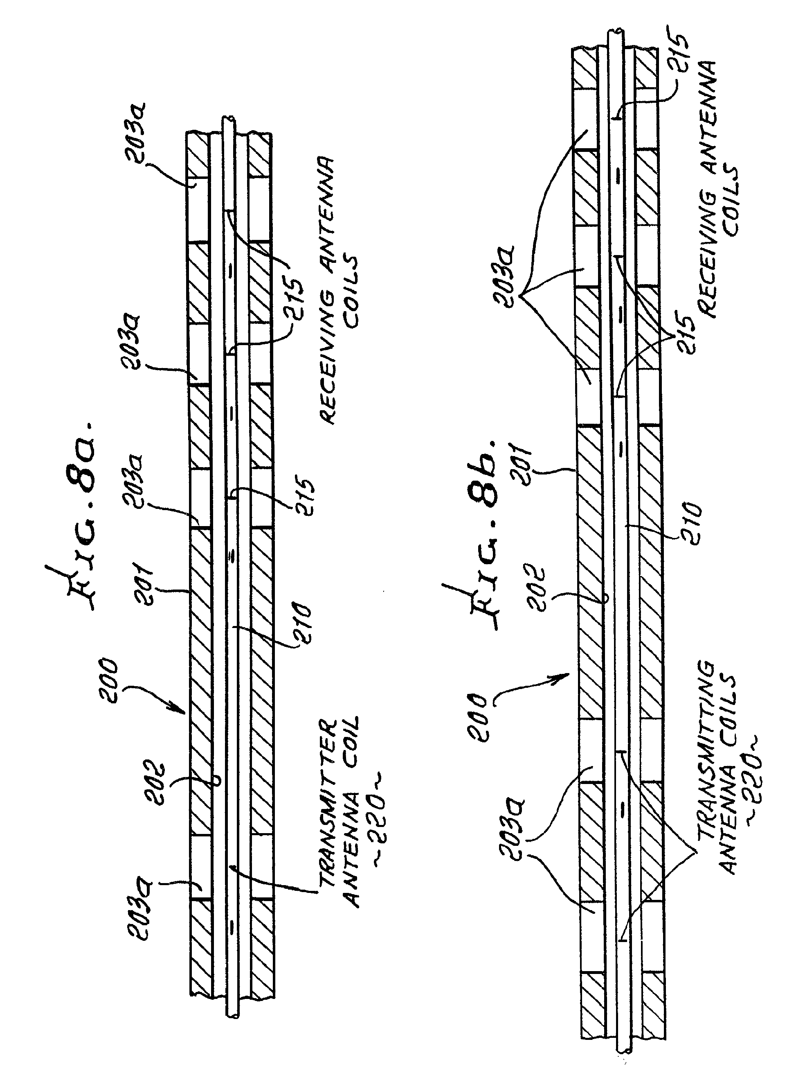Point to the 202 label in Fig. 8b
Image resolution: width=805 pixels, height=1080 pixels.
click(x=535, y=587)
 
